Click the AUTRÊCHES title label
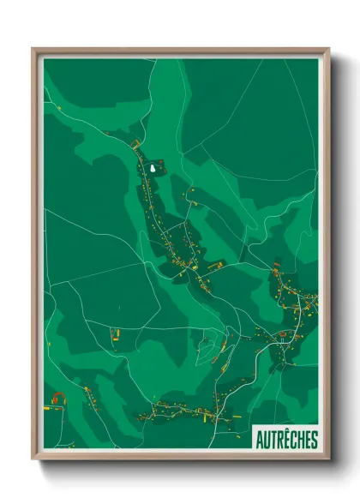click(x=286, y=440)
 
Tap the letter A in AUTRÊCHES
click(x=260, y=441)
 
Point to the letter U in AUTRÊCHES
click(x=267, y=441)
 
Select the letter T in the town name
click(x=273, y=441)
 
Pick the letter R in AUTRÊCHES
click(x=280, y=441)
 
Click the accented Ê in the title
click(x=287, y=441)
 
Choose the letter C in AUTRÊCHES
click(x=294, y=441)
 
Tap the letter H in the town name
click(x=301, y=441)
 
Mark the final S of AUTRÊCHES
click(x=314, y=441)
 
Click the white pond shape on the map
click(x=153, y=169)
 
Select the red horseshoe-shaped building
click(x=58, y=397)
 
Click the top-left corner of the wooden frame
click(x=33, y=50)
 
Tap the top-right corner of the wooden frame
click(x=327, y=50)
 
